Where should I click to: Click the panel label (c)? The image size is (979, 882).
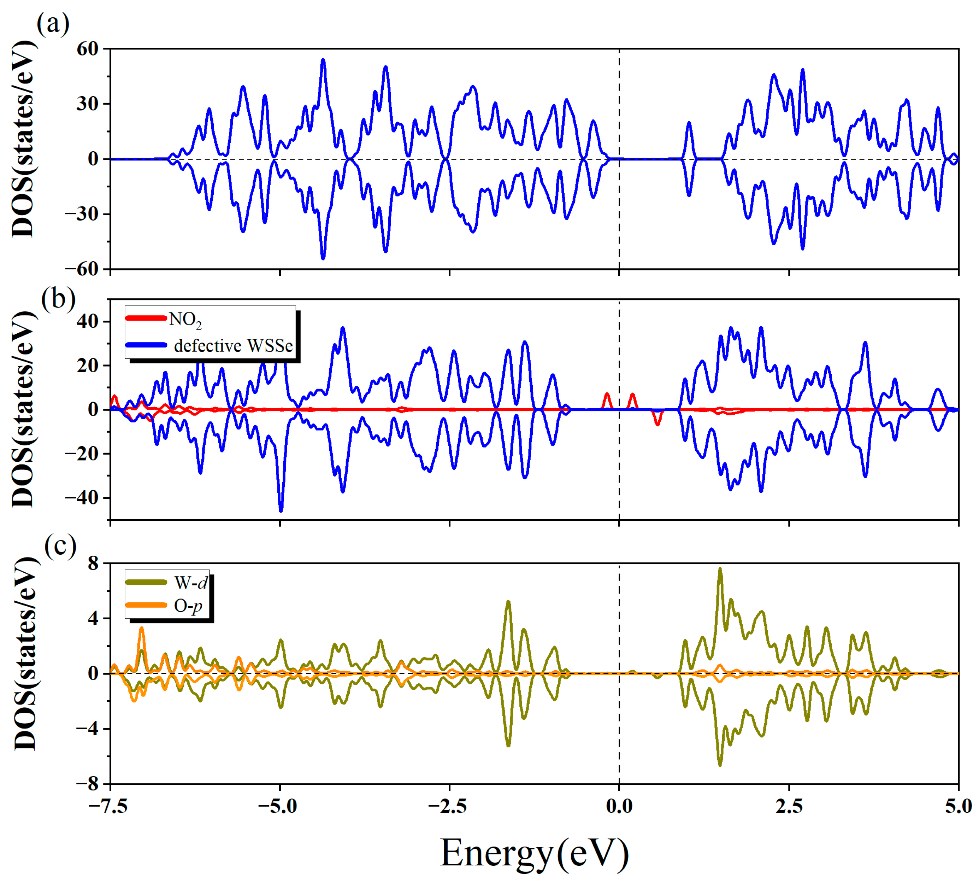pyautogui.click(x=60, y=546)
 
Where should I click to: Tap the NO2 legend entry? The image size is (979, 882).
pyautogui.click(x=184, y=319)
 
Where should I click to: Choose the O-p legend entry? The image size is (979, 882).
pyautogui.click(x=188, y=606)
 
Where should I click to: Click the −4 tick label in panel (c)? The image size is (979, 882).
pyautogui.click(x=87, y=729)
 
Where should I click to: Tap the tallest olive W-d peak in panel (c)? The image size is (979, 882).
pyautogui.click(x=720, y=569)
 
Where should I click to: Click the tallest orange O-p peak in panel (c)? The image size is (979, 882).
pyautogui.click(x=141, y=629)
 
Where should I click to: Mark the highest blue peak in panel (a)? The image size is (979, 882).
pyautogui.click(x=323, y=60)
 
